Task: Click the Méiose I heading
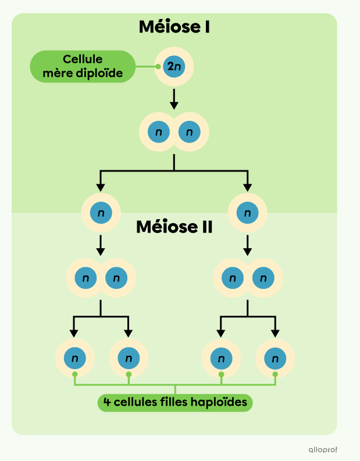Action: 174,26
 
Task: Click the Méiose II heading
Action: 174,226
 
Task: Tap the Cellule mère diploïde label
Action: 82,66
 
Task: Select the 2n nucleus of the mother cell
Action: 174,67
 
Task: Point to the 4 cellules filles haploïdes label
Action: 175,402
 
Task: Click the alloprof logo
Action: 323,449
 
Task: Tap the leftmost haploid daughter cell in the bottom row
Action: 74,358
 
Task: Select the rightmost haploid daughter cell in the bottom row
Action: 275,358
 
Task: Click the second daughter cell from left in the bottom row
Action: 129,358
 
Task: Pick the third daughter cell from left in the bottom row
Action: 221,358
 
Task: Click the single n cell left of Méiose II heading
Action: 101,213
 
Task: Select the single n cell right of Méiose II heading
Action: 248,213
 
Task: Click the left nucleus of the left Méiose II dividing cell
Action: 85,278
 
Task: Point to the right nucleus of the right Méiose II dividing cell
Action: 263,278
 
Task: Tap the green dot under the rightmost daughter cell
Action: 275,374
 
